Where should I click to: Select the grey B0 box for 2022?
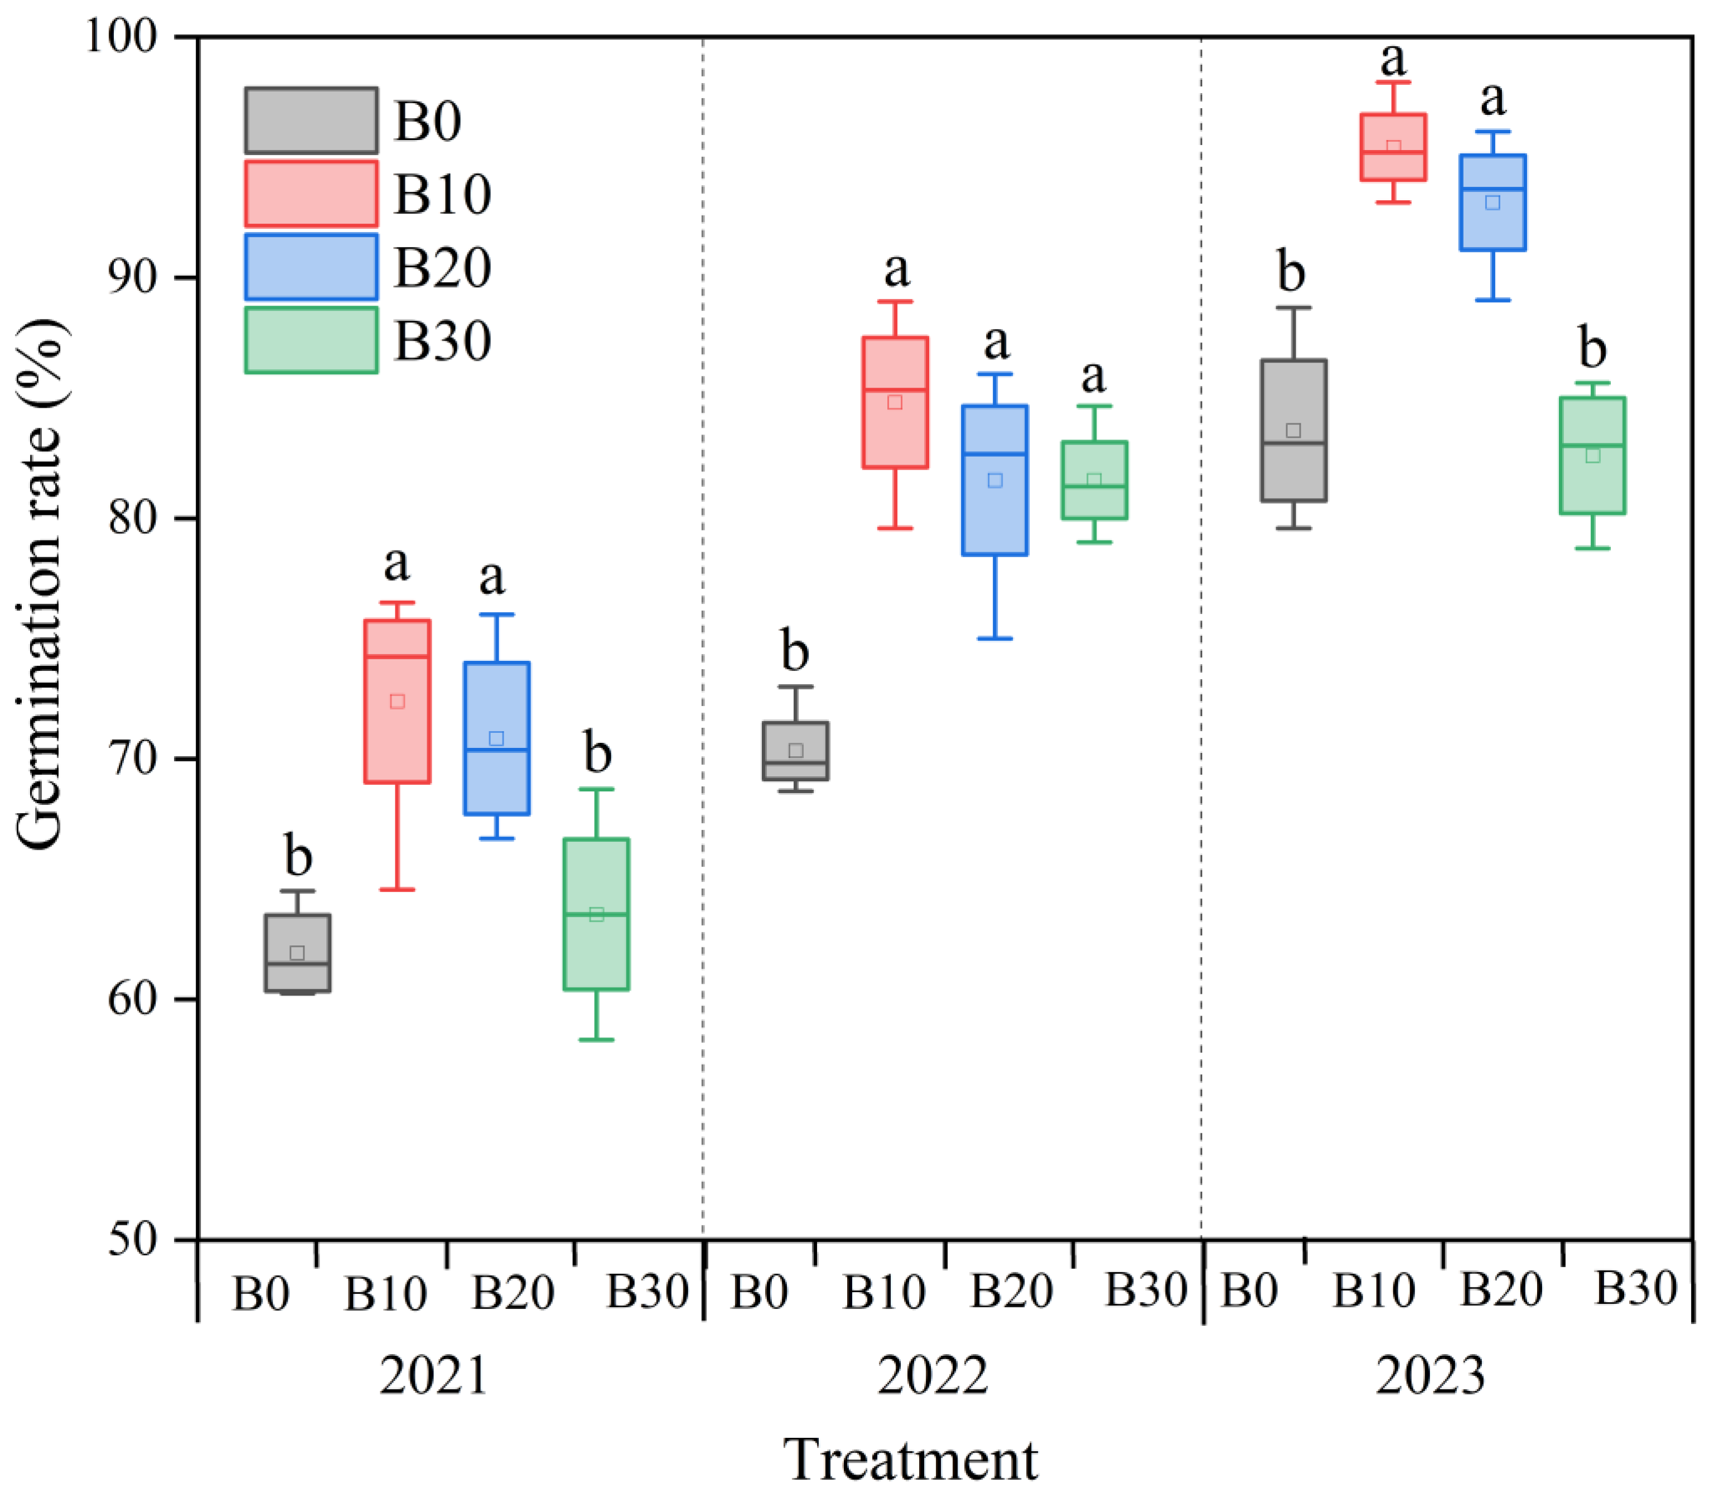[x=796, y=751]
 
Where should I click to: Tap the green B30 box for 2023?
[x=1592, y=456]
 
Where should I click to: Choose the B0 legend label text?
[x=427, y=122]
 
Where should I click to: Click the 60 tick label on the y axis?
[x=133, y=999]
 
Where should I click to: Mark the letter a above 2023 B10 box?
[x=1393, y=59]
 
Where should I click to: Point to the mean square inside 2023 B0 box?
[x=1293, y=431]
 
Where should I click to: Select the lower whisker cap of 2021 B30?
[x=597, y=1040]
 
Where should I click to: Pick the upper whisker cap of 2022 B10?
[x=896, y=302]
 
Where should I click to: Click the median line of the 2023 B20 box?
[x=1492, y=189]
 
